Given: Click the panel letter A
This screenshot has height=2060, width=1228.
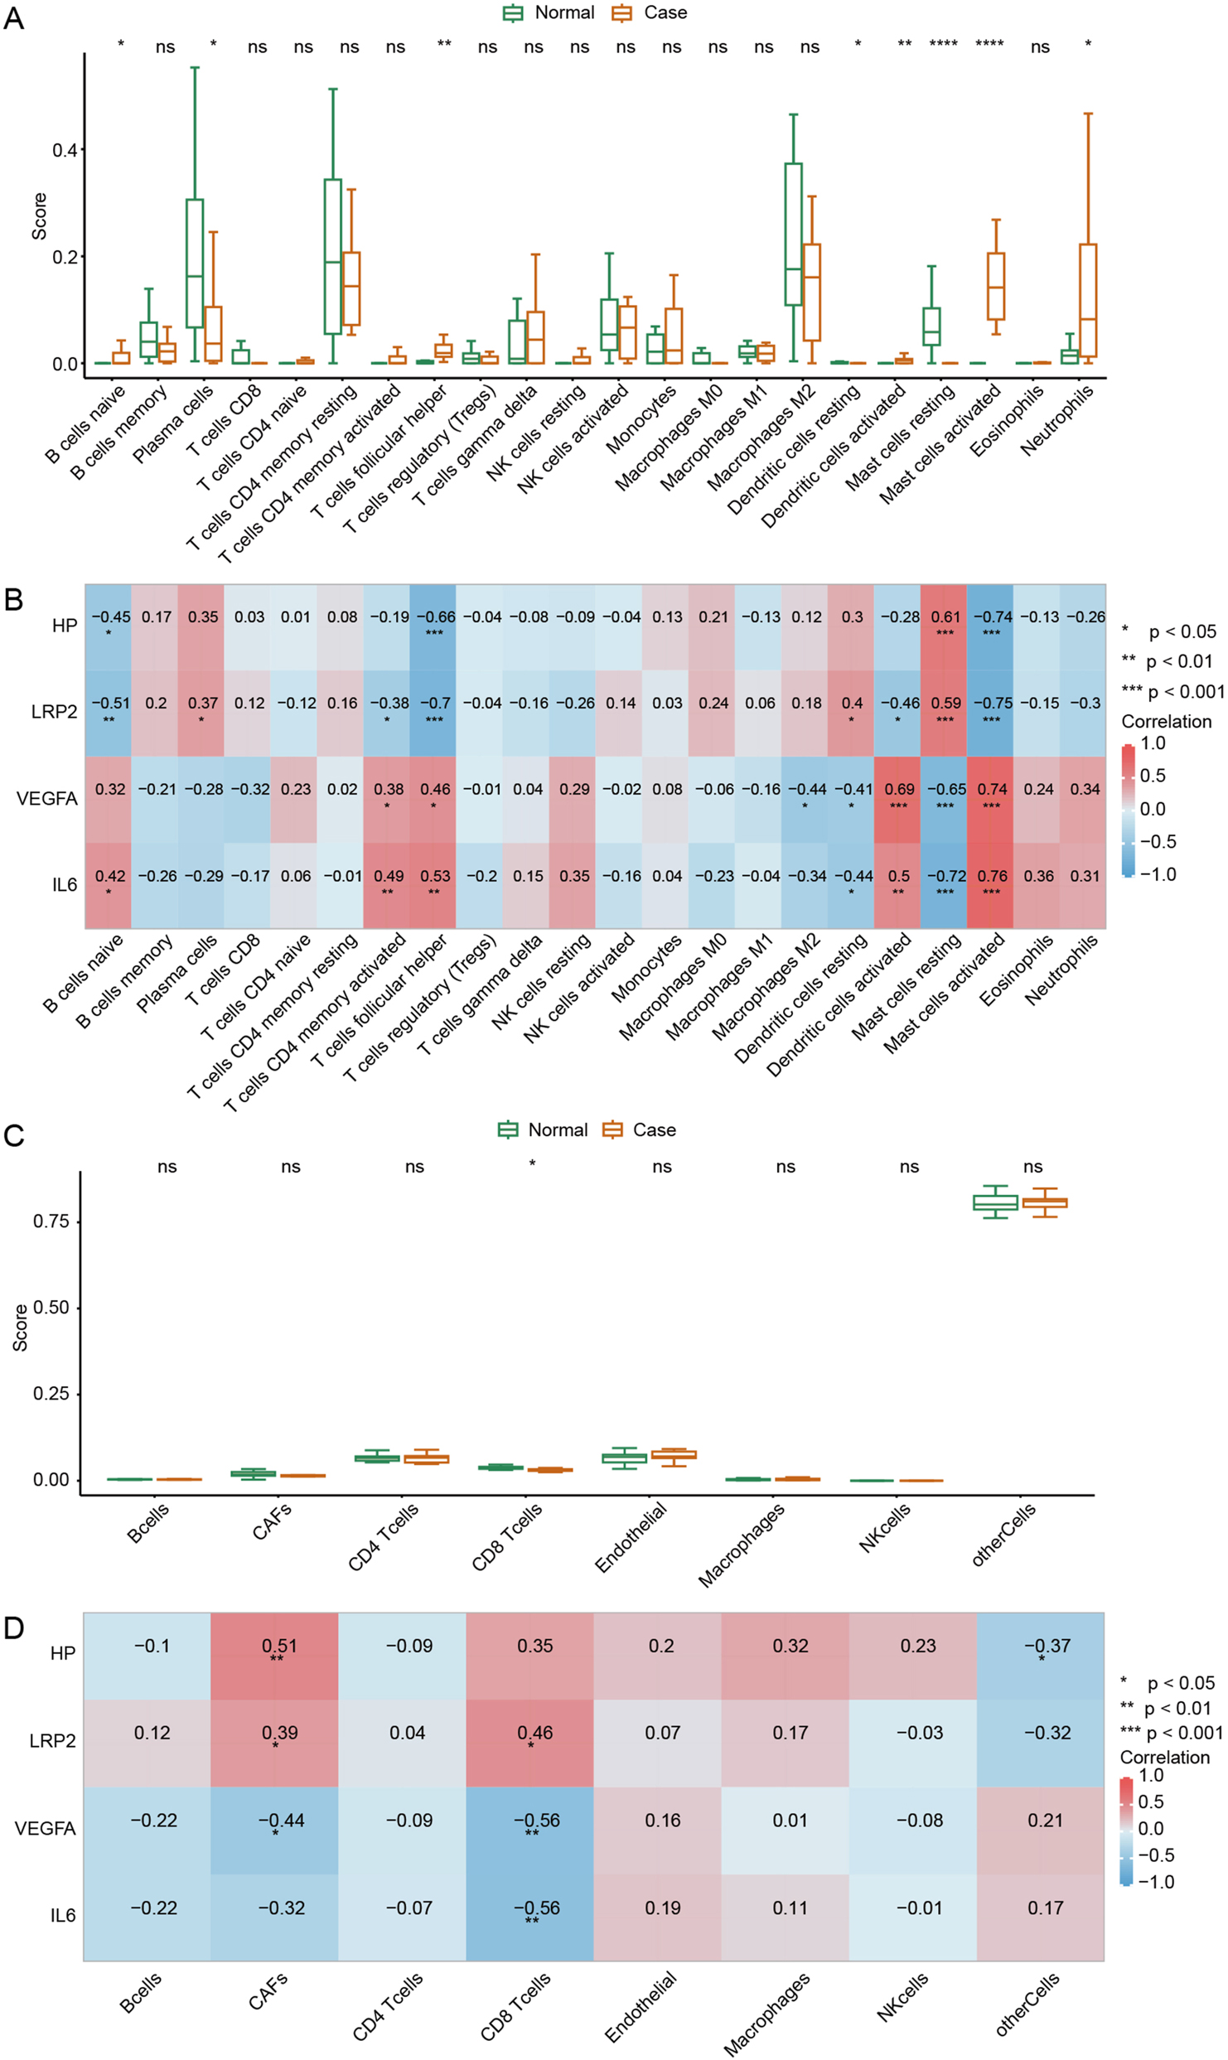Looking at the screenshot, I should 14,17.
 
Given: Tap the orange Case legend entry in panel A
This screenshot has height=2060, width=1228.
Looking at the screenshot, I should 650,12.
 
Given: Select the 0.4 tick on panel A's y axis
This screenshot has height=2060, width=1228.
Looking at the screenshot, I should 65,150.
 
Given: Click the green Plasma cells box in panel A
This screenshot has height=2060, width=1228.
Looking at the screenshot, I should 195,263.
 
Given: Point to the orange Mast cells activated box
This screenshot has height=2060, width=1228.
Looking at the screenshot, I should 995,286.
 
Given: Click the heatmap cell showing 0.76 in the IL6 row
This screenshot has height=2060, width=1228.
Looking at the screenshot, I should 991,884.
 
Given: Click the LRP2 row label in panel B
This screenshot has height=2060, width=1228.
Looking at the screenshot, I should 54,712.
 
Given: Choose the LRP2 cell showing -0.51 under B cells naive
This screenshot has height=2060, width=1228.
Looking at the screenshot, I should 109,712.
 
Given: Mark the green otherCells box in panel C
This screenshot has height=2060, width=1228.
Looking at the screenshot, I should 994,1203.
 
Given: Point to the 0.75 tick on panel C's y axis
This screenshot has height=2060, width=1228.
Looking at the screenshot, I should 51,1221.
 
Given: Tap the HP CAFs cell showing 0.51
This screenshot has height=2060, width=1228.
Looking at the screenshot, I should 275,1655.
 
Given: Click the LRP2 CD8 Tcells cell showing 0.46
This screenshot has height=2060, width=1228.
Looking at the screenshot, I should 530,1742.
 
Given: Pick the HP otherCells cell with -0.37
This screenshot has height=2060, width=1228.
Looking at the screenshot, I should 1041,1655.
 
